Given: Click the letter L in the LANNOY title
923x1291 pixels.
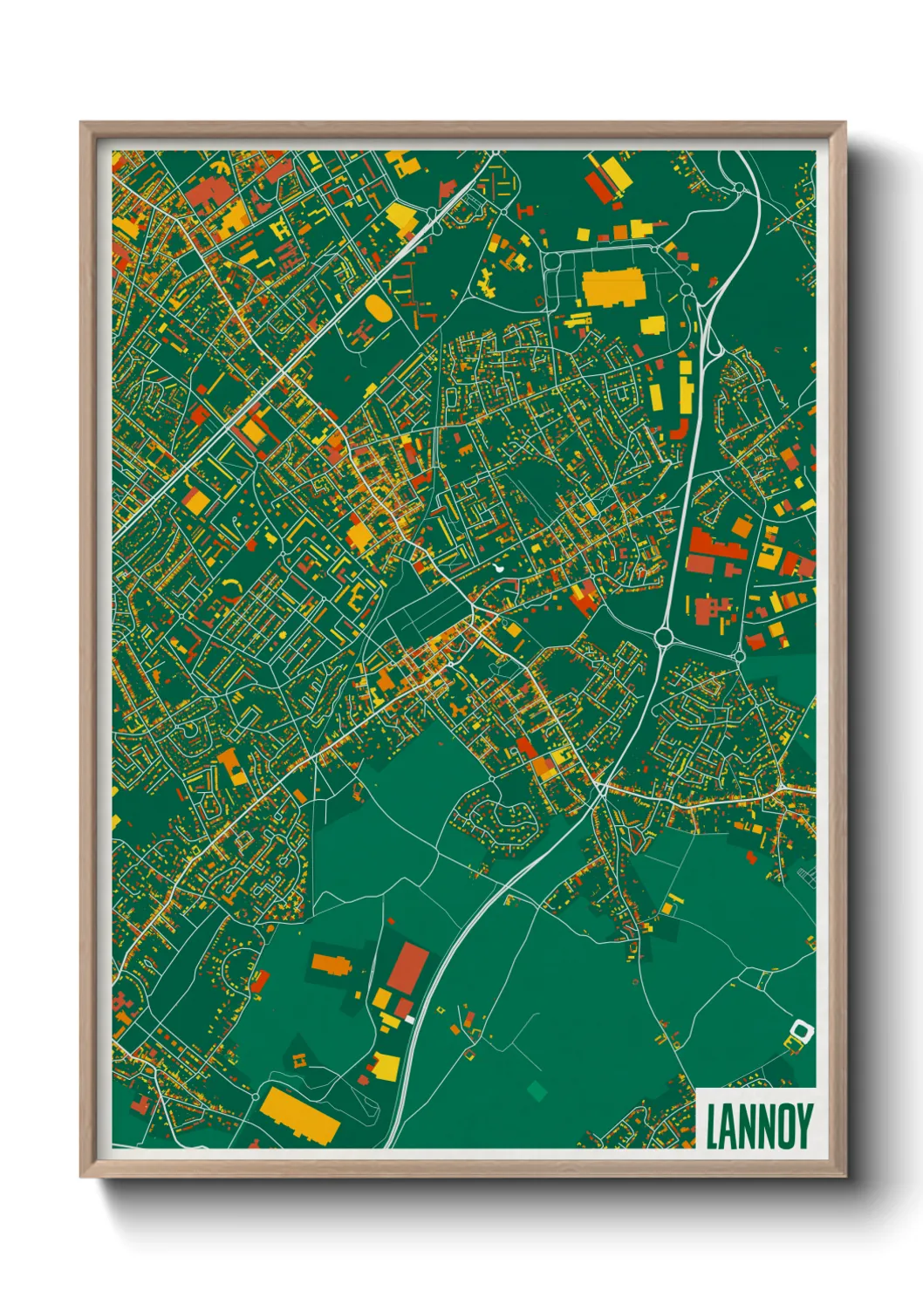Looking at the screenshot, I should click(x=712, y=1126).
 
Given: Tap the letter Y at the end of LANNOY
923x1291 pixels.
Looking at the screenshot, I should click(x=803, y=1126).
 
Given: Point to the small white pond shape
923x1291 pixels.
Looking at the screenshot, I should click(x=498, y=568).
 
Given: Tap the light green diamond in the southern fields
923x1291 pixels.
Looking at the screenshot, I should click(x=537, y=1089).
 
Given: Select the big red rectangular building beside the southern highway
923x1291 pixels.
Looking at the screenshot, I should click(x=408, y=967).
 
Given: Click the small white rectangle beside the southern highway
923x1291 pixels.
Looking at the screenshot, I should click(x=410, y=1018).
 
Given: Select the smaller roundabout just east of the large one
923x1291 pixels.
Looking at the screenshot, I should click(x=740, y=655).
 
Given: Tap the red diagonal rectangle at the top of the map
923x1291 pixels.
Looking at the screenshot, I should click(x=598, y=185).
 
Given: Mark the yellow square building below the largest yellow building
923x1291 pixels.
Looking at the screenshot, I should click(x=653, y=325).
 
